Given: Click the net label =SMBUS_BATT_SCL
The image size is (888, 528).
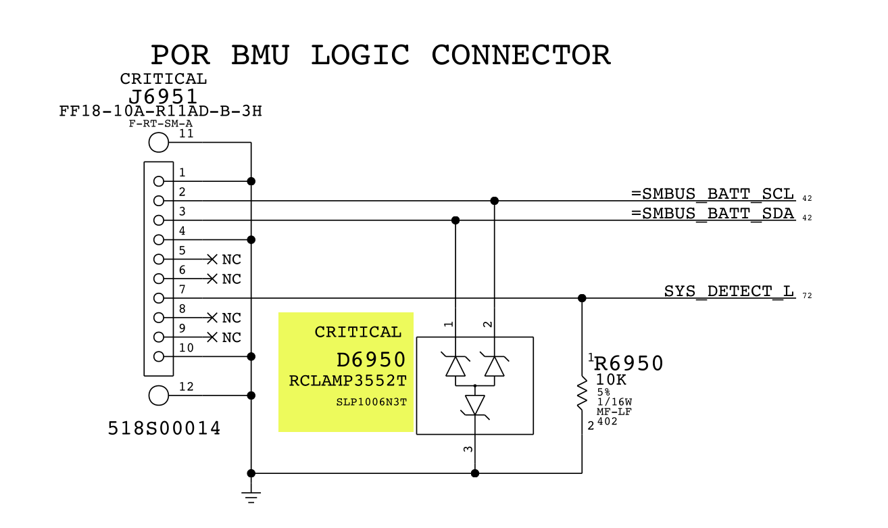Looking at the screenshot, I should (x=713, y=194).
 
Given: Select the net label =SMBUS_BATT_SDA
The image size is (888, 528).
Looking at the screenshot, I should (x=713, y=214).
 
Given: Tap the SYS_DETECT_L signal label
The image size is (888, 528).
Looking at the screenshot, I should (x=729, y=291).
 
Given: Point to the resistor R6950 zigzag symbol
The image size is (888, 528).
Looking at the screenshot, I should (x=582, y=394).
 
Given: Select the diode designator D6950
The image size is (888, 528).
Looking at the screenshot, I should (x=370, y=359).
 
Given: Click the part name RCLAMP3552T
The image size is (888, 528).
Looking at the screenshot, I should (x=347, y=381).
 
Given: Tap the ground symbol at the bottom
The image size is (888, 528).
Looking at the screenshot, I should (x=251, y=498).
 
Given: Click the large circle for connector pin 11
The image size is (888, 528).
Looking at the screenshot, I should (x=158, y=143).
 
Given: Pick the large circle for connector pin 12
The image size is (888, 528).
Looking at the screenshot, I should (x=158, y=395).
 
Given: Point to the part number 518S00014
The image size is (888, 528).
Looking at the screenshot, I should (x=164, y=428).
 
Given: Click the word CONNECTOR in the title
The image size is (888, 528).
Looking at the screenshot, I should (x=520, y=55).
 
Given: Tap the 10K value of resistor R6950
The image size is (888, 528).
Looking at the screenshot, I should (x=611, y=380).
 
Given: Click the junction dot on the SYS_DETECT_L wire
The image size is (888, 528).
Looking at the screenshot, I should (x=582, y=298).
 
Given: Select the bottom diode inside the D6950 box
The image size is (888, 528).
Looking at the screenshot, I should (x=475, y=405).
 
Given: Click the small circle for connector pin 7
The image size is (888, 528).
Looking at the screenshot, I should (x=159, y=298).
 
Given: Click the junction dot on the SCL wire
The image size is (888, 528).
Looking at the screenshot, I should (x=494, y=201).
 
